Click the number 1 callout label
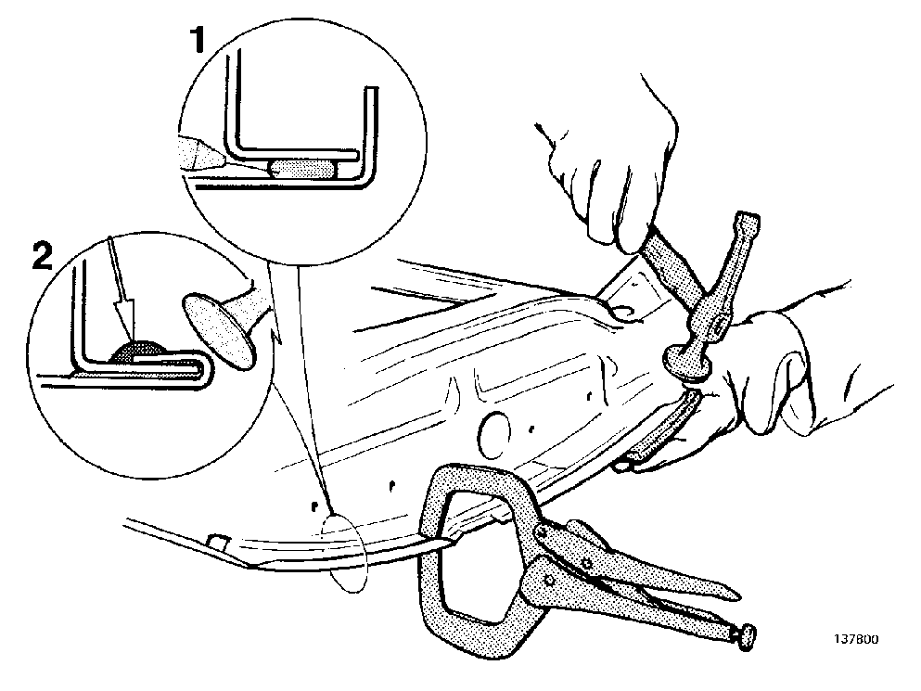(197, 39)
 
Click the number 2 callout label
(43, 256)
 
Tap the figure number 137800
(856, 639)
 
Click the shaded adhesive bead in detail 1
(302, 169)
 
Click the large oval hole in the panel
(494, 434)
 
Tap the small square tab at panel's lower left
(218, 540)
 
